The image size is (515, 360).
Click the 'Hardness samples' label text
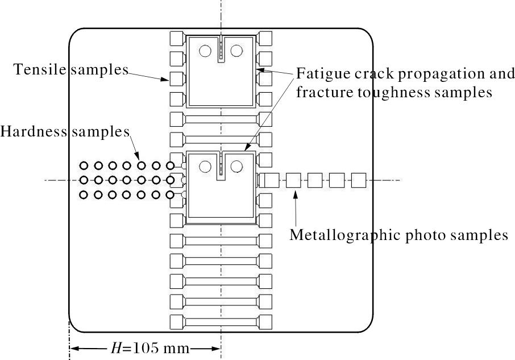[65, 132]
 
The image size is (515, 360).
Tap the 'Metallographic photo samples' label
[398, 235]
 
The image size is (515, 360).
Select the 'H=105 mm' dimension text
[144, 348]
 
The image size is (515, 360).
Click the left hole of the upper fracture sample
[205, 52]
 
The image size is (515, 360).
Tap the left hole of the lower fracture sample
[205, 167]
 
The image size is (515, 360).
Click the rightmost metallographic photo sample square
[358, 181]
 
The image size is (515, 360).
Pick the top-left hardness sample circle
[84, 166]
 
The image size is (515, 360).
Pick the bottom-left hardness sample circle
[84, 195]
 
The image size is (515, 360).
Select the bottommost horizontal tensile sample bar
[221, 321]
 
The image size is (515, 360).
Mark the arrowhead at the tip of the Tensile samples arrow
[166, 80]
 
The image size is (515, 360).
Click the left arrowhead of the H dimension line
[74, 348]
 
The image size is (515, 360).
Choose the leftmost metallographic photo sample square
[271, 181]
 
